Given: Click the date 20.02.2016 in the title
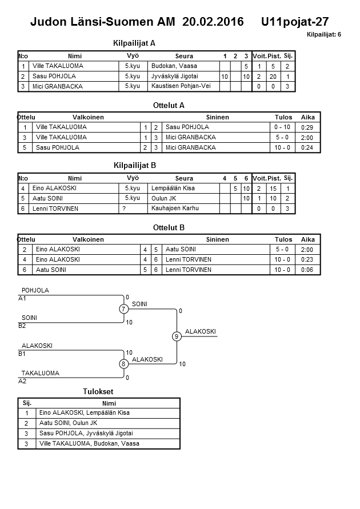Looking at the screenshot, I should pyautogui.click(x=213, y=22).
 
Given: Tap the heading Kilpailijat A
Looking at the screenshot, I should pyautogui.click(x=135, y=43).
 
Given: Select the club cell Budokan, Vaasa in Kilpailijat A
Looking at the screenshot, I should pyautogui.click(x=174, y=66).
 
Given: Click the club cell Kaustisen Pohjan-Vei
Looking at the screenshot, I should pyautogui.click(x=181, y=86).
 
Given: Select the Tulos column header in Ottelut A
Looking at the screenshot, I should pyautogui.click(x=284, y=117).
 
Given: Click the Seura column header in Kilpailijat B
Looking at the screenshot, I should pyautogui.click(x=184, y=178).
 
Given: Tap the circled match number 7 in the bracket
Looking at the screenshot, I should pyautogui.click(x=123, y=309).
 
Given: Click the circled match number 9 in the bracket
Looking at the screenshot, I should pyautogui.click(x=177, y=336).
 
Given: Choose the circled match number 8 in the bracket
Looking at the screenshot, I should pyautogui.click(x=123, y=364).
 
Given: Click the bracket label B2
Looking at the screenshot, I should pyautogui.click(x=22, y=326).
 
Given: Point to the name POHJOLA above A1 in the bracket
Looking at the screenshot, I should pyautogui.click(x=35, y=290).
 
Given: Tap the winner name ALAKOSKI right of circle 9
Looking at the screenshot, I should pyautogui.click(x=201, y=331).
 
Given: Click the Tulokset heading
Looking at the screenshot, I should pyautogui.click(x=98, y=392).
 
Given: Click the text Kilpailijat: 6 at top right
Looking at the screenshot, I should pyautogui.click(x=323, y=35).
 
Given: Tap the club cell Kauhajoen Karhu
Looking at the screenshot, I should pyautogui.click(x=175, y=209).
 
